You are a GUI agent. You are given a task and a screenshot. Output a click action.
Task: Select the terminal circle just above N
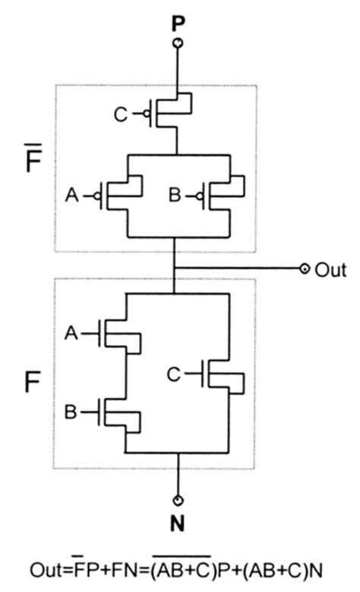(x=176, y=500)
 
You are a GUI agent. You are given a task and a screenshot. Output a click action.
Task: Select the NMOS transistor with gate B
(x=122, y=414)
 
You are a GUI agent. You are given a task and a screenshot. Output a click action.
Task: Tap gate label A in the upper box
(x=72, y=195)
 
